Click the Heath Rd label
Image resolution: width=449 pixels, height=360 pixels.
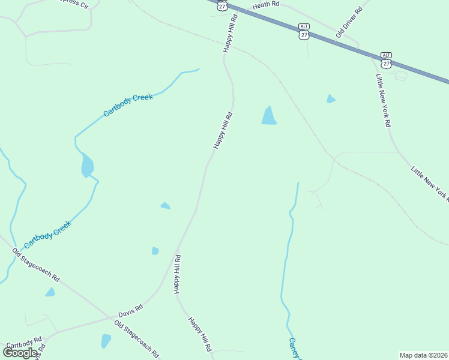[266, 5]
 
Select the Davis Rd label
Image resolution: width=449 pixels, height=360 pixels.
[130, 310]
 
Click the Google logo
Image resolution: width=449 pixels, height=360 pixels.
[20, 352]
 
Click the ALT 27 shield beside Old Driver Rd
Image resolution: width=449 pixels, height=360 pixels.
[303, 31]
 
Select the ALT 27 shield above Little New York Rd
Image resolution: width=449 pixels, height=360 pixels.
[386, 59]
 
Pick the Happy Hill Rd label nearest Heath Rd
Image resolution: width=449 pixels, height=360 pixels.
[231, 34]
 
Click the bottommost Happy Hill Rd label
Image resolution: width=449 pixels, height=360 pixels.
[200, 334]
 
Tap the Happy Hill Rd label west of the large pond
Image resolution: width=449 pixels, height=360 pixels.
[223, 130]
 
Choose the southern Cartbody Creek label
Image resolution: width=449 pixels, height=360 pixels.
[47, 235]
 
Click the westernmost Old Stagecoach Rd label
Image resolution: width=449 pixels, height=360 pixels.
[37, 266]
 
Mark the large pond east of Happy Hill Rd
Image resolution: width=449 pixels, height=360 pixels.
[268, 116]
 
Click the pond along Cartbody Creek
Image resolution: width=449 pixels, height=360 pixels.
[87, 166]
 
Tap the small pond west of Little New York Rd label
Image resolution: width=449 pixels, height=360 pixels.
[330, 98]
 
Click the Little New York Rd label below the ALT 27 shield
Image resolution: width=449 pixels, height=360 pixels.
[383, 100]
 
